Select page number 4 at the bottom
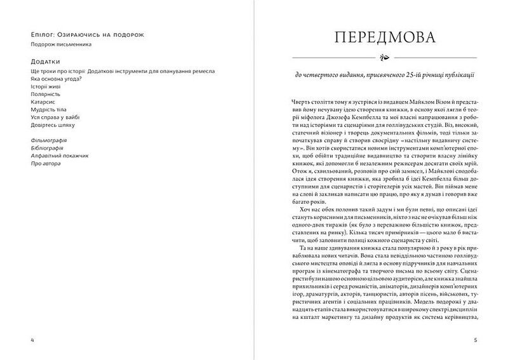32,340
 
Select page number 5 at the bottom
476,340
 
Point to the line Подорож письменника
61,44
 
